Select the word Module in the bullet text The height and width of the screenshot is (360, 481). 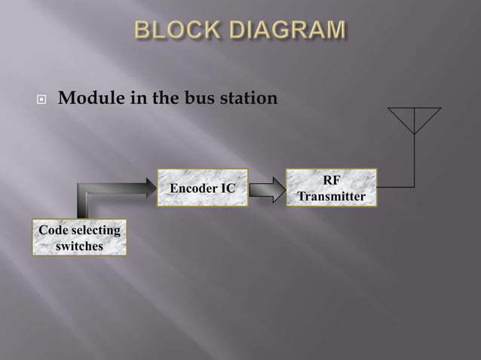click(x=90, y=99)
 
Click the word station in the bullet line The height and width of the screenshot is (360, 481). click(x=242, y=99)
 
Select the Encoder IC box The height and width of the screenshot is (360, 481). click(x=202, y=188)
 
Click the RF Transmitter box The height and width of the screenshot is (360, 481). click(x=331, y=188)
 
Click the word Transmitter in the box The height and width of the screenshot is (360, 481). click(x=331, y=197)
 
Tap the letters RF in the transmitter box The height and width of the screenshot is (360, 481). click(x=331, y=181)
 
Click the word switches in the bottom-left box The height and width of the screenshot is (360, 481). click(x=79, y=246)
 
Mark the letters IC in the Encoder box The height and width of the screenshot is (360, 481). click(x=227, y=188)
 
